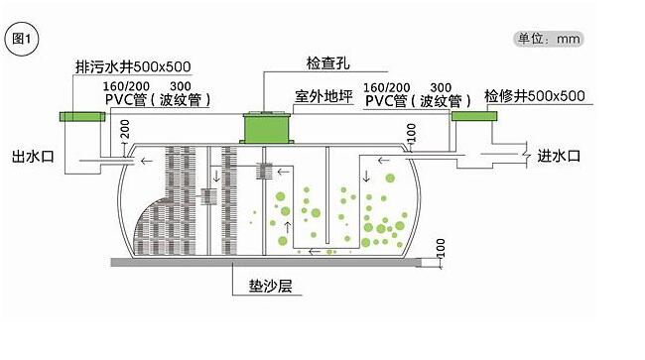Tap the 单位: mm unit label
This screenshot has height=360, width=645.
pos(547,39)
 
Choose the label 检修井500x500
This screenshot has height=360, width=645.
pos(535,96)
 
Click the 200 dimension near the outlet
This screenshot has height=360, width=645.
pos(125,129)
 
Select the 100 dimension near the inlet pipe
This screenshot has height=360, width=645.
pos(411,131)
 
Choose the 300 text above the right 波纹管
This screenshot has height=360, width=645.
pos(443,87)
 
